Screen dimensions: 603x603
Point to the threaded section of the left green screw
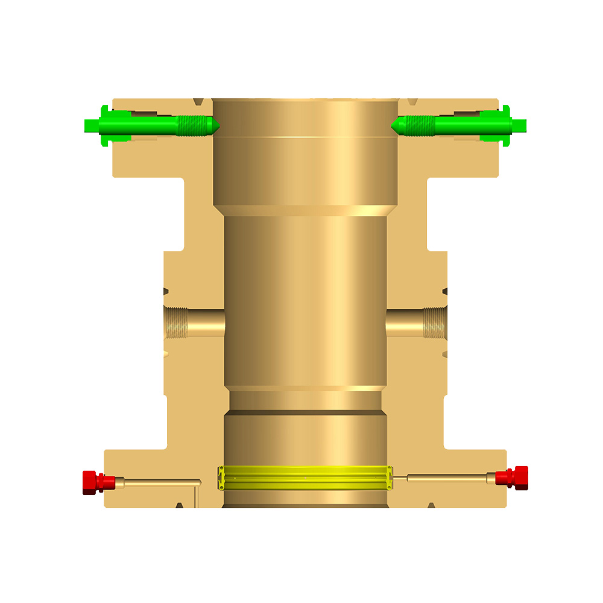(x=192, y=125)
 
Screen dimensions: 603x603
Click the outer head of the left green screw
(x=96, y=125)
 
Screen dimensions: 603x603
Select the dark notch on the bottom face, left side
(x=179, y=504)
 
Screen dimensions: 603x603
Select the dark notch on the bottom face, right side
(x=431, y=504)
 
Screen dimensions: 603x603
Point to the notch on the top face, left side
(x=199, y=101)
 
